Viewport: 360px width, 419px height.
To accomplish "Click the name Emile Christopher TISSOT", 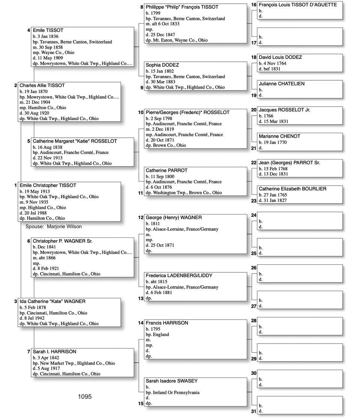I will click(48, 185).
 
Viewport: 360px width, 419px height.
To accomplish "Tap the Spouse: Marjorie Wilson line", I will click(53, 227).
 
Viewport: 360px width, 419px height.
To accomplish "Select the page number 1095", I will click(85, 396).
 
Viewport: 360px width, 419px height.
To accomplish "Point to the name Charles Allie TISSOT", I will click(42, 86).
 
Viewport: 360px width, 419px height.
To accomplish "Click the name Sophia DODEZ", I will click(162, 65).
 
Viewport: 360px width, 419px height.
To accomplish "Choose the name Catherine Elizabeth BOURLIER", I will click(292, 189).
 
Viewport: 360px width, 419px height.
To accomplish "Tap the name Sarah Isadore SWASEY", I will click(172, 381).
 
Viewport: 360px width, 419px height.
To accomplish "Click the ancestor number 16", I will click(254, 5).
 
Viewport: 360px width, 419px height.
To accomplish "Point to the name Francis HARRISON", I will click(167, 323).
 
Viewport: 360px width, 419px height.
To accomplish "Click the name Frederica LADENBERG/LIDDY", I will click(179, 275).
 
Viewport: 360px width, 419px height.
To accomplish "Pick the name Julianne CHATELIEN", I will click(282, 84).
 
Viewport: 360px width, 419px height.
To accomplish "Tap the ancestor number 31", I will click(254, 411).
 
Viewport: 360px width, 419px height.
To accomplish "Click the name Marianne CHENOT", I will click(279, 136).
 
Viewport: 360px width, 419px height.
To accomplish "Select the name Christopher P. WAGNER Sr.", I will click(63, 241).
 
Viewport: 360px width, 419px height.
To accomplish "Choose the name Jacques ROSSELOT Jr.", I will click(284, 110).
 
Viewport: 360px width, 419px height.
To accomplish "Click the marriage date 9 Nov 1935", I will click(37, 202).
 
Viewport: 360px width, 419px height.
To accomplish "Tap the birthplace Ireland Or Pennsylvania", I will click(178, 392).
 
